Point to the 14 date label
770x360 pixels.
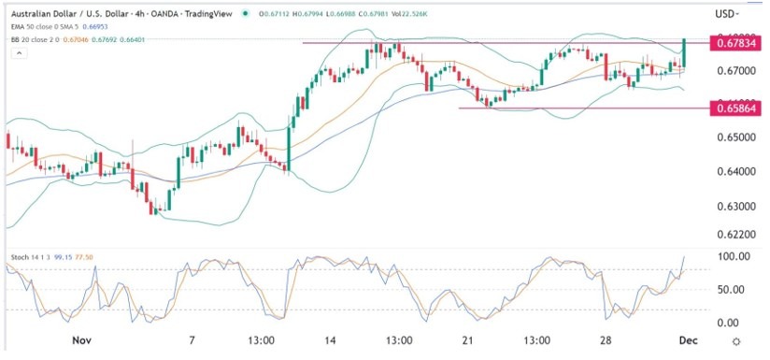click(x=330, y=341)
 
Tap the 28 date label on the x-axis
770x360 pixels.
click(x=606, y=341)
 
